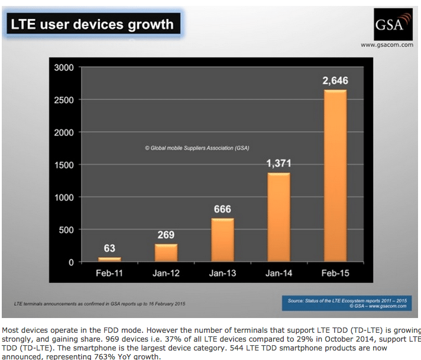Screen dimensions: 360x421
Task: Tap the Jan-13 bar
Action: (x=223, y=239)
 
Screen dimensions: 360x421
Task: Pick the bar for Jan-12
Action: (x=166, y=252)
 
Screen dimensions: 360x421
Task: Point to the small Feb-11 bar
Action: (x=109, y=259)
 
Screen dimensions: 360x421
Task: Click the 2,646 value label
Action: (x=335, y=80)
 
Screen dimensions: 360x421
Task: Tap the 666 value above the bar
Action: (x=223, y=209)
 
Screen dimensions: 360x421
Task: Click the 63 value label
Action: (x=109, y=248)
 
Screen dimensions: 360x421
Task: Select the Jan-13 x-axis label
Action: (x=223, y=273)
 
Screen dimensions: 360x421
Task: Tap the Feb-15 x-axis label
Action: (x=336, y=273)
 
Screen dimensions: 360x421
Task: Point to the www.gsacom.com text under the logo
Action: (x=387, y=45)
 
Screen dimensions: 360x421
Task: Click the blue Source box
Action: (x=348, y=303)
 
